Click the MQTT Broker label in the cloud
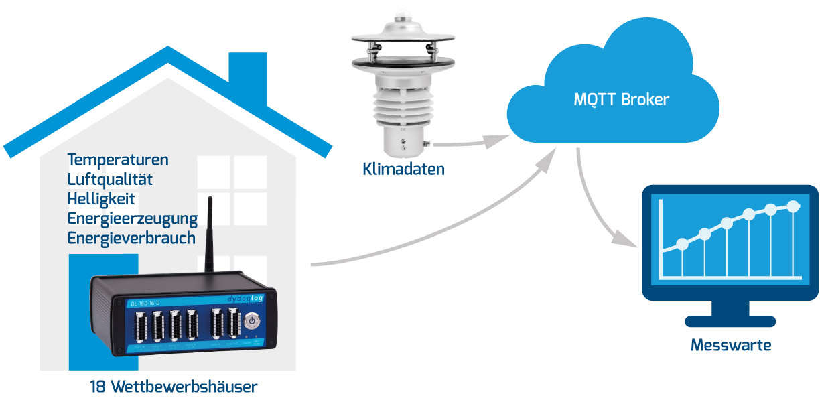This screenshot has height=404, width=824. (x=621, y=100)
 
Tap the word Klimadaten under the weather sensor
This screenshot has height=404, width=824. (x=403, y=169)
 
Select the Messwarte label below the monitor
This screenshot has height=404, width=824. (x=730, y=346)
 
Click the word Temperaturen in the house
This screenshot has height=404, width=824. (x=118, y=160)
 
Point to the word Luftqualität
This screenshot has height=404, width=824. (x=110, y=180)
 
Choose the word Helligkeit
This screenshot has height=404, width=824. (x=101, y=199)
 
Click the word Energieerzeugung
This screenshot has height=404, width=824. (x=132, y=218)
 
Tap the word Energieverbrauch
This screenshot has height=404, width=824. (x=131, y=238)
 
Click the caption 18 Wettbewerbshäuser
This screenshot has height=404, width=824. (x=174, y=387)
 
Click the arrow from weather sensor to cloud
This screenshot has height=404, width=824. (x=469, y=143)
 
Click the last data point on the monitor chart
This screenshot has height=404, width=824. (x=794, y=206)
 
